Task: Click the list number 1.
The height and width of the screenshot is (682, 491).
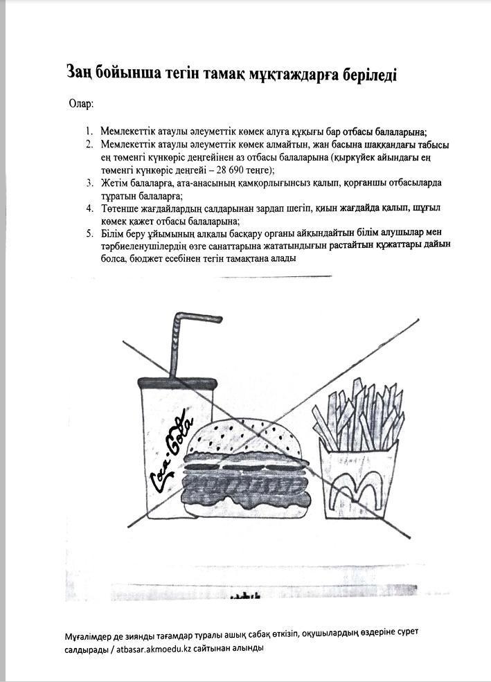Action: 89,131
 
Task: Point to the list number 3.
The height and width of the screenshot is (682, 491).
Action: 89,183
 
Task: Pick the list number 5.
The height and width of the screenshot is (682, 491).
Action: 89,231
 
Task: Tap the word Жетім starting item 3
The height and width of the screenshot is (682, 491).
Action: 114,183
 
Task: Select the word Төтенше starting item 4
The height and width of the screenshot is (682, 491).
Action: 118,208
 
